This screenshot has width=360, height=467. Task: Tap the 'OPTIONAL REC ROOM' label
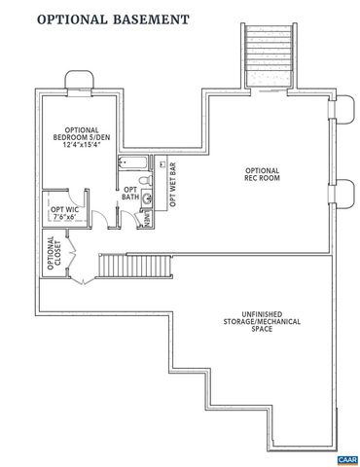pos(262,173)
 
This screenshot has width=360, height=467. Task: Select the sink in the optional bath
pos(149,200)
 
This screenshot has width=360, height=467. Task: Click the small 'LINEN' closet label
pos(147,220)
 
